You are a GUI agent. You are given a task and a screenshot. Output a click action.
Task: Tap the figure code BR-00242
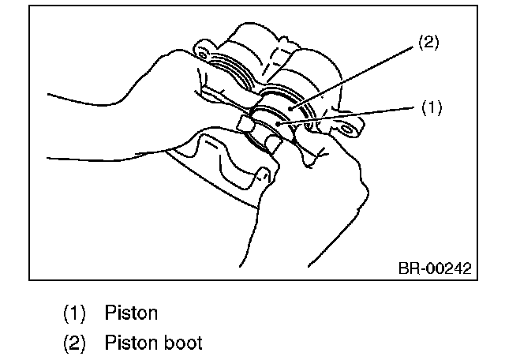click(x=434, y=268)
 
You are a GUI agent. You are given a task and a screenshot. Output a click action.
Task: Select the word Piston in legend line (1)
click(x=131, y=313)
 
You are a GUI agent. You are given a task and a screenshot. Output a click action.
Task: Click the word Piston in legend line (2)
click(x=131, y=343)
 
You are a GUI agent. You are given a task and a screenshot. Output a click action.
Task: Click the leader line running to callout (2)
click(x=355, y=77)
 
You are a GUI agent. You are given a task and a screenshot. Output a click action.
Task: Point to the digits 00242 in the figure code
click(x=450, y=268)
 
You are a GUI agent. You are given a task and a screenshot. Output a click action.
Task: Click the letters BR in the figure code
click(x=407, y=268)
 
